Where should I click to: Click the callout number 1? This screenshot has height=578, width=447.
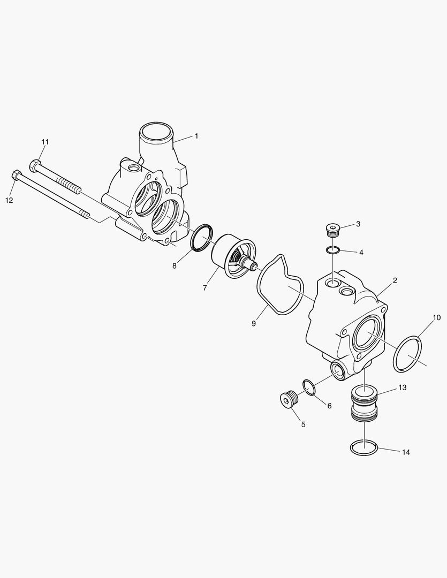pyautogui.click(x=196, y=136)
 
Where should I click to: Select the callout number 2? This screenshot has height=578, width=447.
pyautogui.click(x=395, y=280)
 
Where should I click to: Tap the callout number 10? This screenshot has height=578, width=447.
pyautogui.click(x=436, y=317)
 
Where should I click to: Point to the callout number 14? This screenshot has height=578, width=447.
pyautogui.click(x=406, y=452)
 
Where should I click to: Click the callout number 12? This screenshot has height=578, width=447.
pyautogui.click(x=9, y=200)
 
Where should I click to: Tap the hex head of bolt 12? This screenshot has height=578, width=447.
pyautogui.click(x=17, y=176)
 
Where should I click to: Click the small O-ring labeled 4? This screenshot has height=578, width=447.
pyautogui.click(x=333, y=249)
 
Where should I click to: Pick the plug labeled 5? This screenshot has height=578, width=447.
pyautogui.click(x=288, y=400)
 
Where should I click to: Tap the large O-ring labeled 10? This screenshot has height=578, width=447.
pyautogui.click(x=408, y=354)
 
